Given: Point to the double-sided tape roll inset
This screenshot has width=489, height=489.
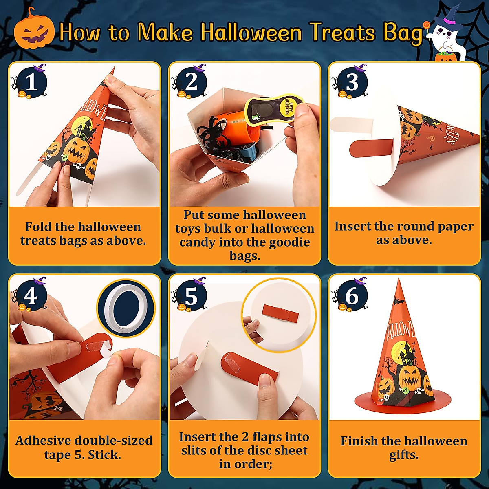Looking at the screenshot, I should (x=126, y=308).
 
